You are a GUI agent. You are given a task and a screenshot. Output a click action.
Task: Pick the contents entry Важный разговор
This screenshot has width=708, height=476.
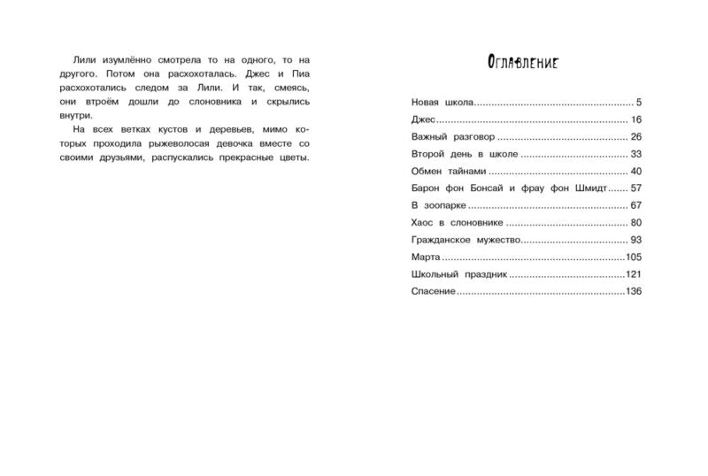coord(453,137)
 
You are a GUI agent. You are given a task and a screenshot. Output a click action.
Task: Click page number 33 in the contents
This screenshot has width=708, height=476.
coord(634,154)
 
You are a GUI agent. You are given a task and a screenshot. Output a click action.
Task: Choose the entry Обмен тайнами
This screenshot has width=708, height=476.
coord(449,172)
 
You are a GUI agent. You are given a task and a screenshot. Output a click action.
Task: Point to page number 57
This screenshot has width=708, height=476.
coord(634,188)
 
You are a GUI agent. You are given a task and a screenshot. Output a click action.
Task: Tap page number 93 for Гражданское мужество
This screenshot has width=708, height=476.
coord(634,240)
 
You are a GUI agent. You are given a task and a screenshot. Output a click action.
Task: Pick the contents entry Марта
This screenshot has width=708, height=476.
coord(428,257)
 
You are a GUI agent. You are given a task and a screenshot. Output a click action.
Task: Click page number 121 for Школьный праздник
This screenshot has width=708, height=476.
coord(632,274)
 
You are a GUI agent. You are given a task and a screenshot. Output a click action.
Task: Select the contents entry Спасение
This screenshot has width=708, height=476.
coord(434,292)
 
